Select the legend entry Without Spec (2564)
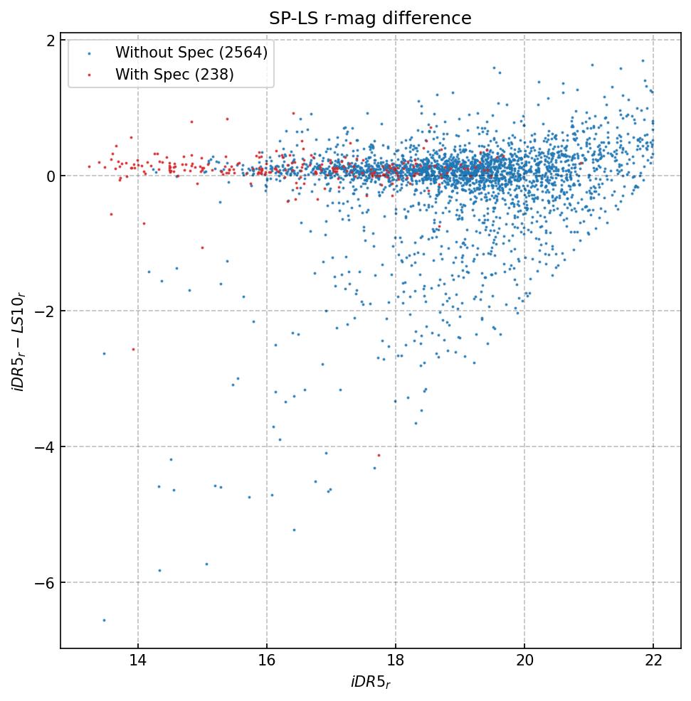click(191, 53)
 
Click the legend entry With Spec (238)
click(174, 74)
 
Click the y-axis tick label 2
click(51, 41)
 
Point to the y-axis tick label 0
click(51, 176)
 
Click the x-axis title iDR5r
click(370, 683)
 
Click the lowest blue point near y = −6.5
click(104, 620)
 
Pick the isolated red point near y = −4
click(379, 455)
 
